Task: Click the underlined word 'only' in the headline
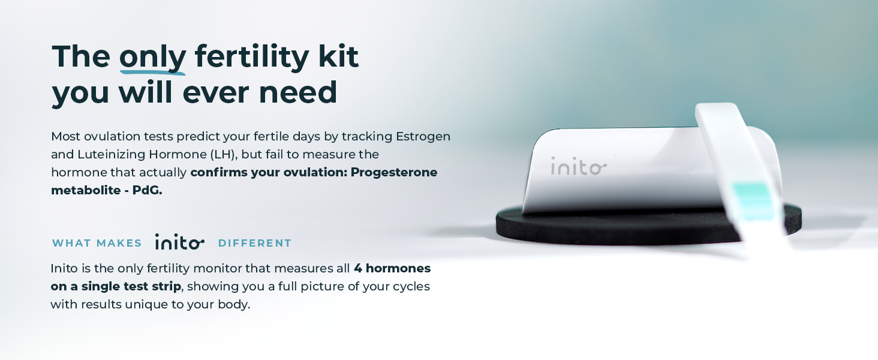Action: [152, 58]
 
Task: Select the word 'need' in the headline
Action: [298, 92]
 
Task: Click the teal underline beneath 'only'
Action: [152, 72]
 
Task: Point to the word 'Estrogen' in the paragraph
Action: [423, 137]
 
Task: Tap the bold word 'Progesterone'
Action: [394, 172]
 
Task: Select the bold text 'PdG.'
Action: [147, 190]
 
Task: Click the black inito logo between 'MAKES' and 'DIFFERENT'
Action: [179, 242]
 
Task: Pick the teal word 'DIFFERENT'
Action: [255, 243]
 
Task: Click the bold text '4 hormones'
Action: [392, 268]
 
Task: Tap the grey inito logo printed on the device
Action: [579, 166]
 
